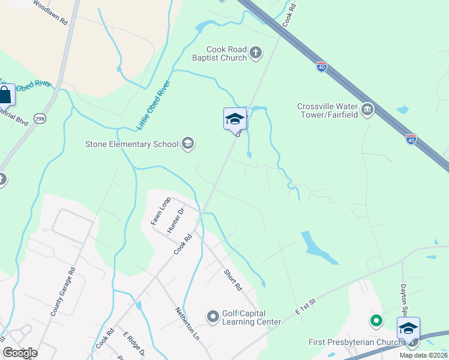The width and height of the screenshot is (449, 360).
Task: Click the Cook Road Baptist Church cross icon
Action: [x=256, y=53]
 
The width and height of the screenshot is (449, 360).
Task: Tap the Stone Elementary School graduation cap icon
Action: [x=188, y=143]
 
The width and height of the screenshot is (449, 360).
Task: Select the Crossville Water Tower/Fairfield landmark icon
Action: [x=367, y=110]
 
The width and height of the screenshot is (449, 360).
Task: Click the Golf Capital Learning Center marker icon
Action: [x=212, y=316]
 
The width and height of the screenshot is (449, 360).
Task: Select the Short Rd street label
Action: [x=232, y=279]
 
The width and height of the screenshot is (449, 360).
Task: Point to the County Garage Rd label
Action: [x=62, y=292]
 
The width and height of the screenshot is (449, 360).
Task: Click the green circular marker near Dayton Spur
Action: [x=376, y=321]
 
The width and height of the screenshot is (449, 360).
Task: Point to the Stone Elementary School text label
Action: [x=132, y=144]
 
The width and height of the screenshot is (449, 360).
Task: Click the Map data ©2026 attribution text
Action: [x=423, y=355]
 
